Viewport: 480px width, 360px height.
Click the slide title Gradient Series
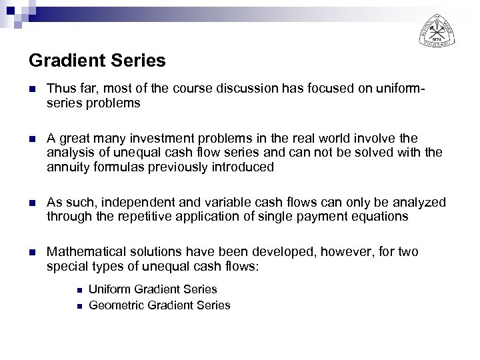point(97,61)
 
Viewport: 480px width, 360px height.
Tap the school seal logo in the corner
point(438,30)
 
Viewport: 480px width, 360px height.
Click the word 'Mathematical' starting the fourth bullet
point(82,253)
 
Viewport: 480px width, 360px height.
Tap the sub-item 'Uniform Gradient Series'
point(153,289)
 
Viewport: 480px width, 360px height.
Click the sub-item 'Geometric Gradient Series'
point(159,305)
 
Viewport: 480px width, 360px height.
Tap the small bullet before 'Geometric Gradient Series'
point(79,305)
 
